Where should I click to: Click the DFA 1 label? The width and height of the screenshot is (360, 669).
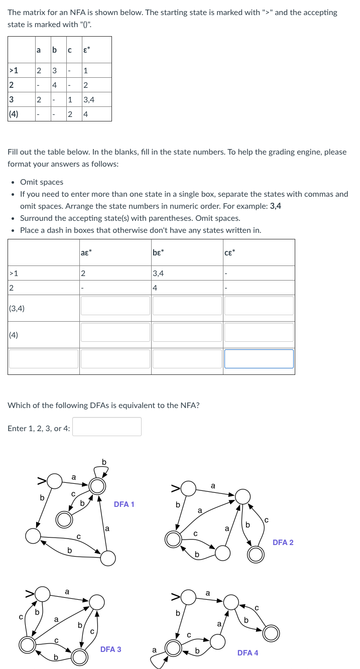124,504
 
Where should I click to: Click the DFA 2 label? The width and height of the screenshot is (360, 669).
283,542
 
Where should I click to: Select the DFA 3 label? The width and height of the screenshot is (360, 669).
110,649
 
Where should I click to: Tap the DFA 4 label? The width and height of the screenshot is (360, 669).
248,652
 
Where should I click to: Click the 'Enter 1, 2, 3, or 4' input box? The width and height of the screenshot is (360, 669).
107,427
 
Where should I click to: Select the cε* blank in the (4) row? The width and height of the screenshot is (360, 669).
259,332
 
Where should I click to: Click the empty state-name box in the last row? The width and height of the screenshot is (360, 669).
44,358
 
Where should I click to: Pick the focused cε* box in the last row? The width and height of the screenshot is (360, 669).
259,358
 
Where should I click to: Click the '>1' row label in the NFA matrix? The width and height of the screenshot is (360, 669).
14,70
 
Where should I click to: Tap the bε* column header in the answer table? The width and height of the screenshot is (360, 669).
158,252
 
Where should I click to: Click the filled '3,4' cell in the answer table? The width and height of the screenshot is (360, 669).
158,274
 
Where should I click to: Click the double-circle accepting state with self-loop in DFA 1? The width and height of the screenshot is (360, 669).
97,485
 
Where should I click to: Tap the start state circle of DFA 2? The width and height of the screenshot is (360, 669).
189,487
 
